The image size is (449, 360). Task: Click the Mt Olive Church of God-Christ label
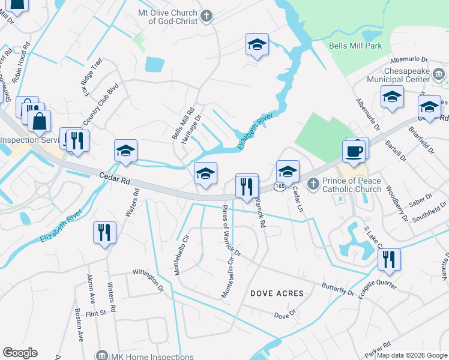pos(168,16)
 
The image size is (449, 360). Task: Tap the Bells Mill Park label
pos(355,46)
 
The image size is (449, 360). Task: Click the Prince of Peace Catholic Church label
pos(352,185)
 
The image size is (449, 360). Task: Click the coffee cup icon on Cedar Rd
pos(354,151)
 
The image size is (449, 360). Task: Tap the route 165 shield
pos(280,187)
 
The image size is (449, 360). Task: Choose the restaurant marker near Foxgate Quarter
pos(389,259)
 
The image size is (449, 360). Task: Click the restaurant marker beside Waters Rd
pos(104,232)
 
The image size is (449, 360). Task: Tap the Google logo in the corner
pos(20,353)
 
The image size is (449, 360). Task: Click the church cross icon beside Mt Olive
pos(206,16)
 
